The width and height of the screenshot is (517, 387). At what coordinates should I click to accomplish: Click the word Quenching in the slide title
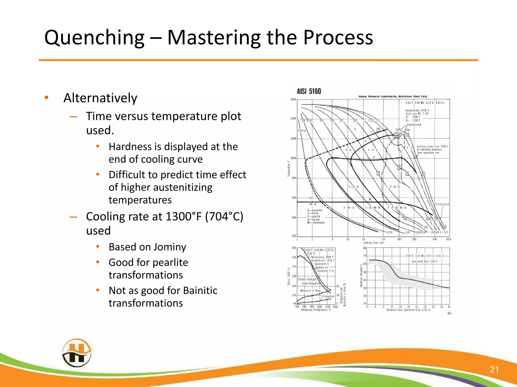94,38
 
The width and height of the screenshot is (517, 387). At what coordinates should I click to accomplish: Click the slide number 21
494,369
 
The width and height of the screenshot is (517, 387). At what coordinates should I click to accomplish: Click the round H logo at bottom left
76,353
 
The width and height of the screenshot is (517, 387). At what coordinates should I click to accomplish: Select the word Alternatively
100,98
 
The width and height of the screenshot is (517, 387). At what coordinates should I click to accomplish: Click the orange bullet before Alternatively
46,98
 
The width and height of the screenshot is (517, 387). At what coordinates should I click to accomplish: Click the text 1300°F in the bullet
184,217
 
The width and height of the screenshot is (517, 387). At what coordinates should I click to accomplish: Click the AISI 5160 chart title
309,91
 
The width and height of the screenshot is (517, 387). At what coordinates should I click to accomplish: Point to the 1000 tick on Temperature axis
293,158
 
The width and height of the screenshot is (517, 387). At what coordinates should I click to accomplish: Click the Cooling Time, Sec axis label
373,243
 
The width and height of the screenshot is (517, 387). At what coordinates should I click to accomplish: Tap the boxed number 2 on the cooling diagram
378,174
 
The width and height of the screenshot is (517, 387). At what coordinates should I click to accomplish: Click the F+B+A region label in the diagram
353,187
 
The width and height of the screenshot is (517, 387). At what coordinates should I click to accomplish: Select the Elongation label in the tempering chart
328,297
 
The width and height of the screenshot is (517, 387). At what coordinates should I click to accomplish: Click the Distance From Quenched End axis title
408,310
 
